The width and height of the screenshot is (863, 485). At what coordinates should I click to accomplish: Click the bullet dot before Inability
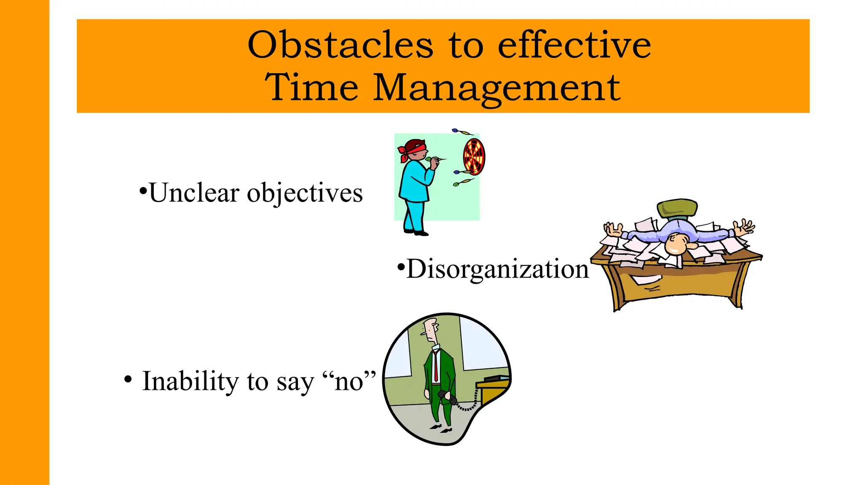click(x=128, y=379)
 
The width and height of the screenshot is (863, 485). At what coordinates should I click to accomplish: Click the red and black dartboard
click(x=474, y=157)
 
